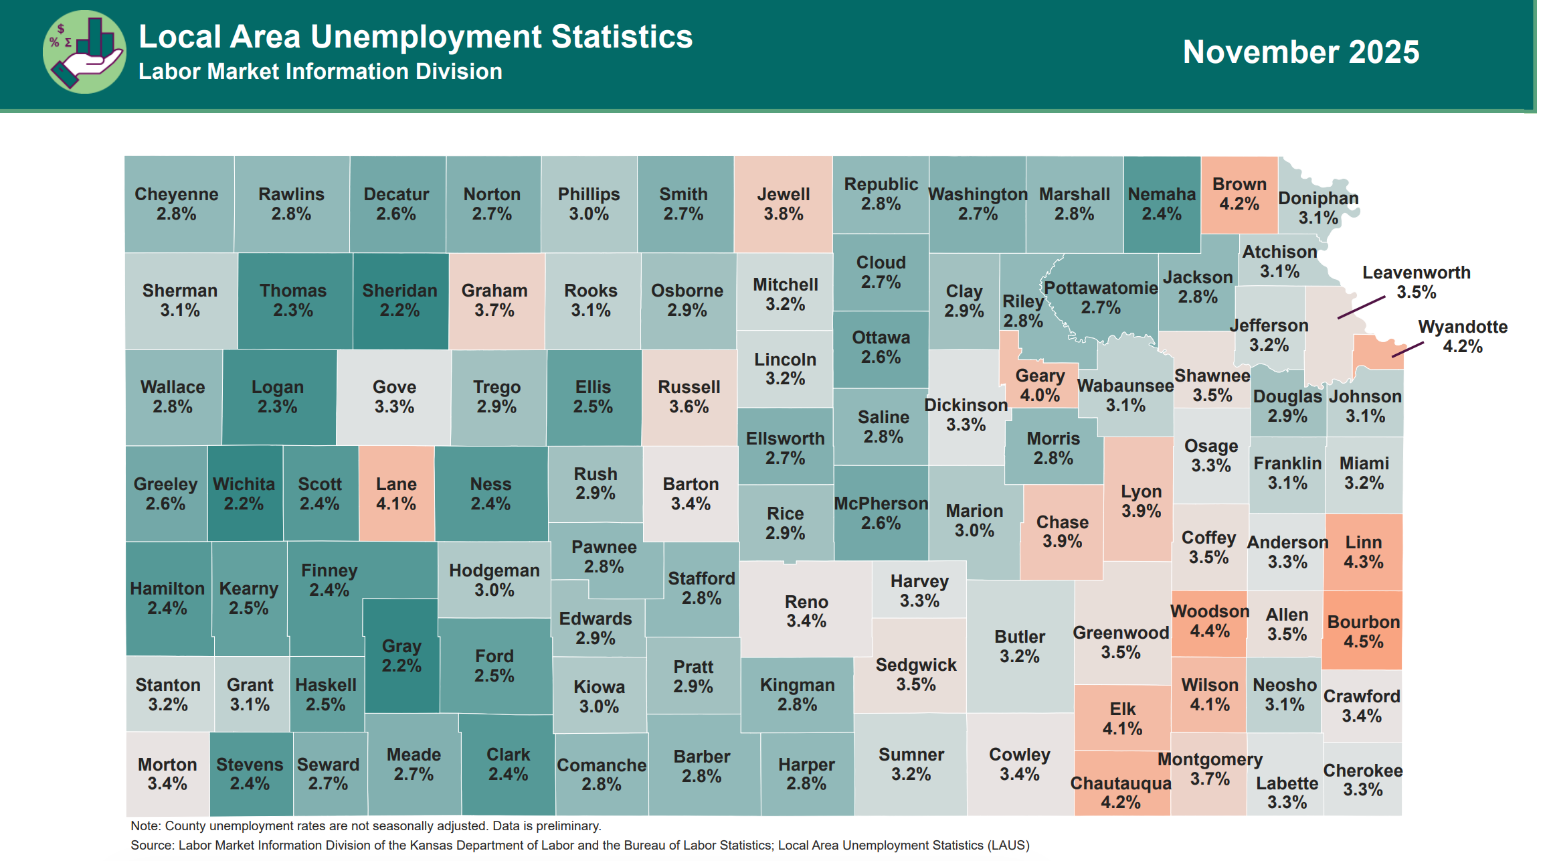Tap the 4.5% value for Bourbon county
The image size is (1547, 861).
tap(1363, 641)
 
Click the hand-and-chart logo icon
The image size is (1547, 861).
tap(84, 52)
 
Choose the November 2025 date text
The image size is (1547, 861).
tap(1300, 52)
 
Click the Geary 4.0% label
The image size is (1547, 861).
tap(1039, 386)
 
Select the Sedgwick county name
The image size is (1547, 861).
tap(915, 665)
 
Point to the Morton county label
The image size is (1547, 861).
tap(167, 774)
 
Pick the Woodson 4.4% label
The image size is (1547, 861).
tap(1210, 621)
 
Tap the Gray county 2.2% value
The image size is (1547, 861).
tap(401, 666)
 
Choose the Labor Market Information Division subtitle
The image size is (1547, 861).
tap(320, 72)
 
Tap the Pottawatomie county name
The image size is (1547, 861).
tap(1101, 288)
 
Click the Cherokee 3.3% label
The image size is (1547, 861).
tap(1363, 780)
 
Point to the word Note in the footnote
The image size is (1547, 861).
tap(145, 826)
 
